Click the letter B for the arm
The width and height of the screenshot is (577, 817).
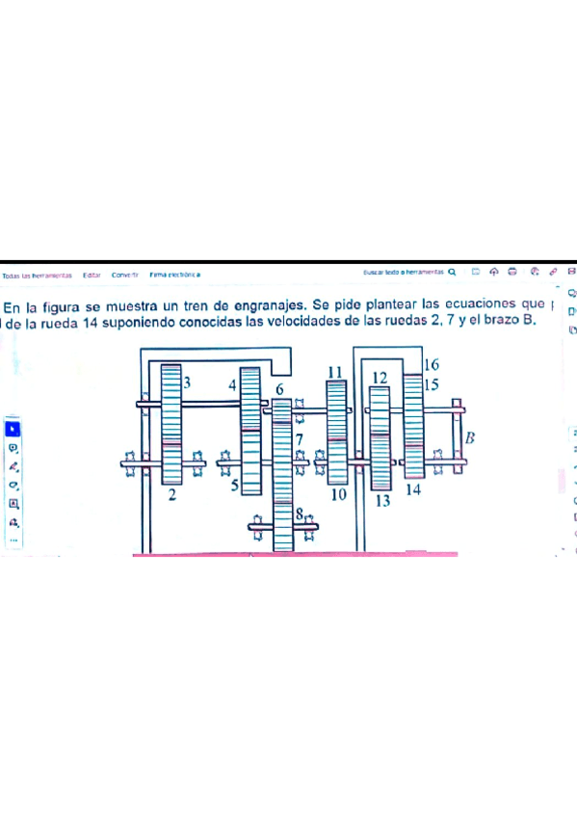pos(471,438)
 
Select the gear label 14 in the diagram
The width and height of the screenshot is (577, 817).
pos(413,489)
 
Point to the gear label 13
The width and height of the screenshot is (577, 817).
pos(382,501)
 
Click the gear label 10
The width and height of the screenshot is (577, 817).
pos(337,495)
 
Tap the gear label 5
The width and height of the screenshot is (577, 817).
pos(234,488)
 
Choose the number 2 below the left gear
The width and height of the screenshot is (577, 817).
pos(171,495)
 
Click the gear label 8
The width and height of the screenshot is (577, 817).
pos(300,514)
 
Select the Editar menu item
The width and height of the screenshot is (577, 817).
pos(92,275)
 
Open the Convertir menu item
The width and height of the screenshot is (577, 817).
pos(124,275)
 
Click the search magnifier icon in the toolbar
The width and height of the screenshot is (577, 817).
pos(451,273)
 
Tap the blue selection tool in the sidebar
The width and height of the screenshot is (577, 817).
pos(13,429)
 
